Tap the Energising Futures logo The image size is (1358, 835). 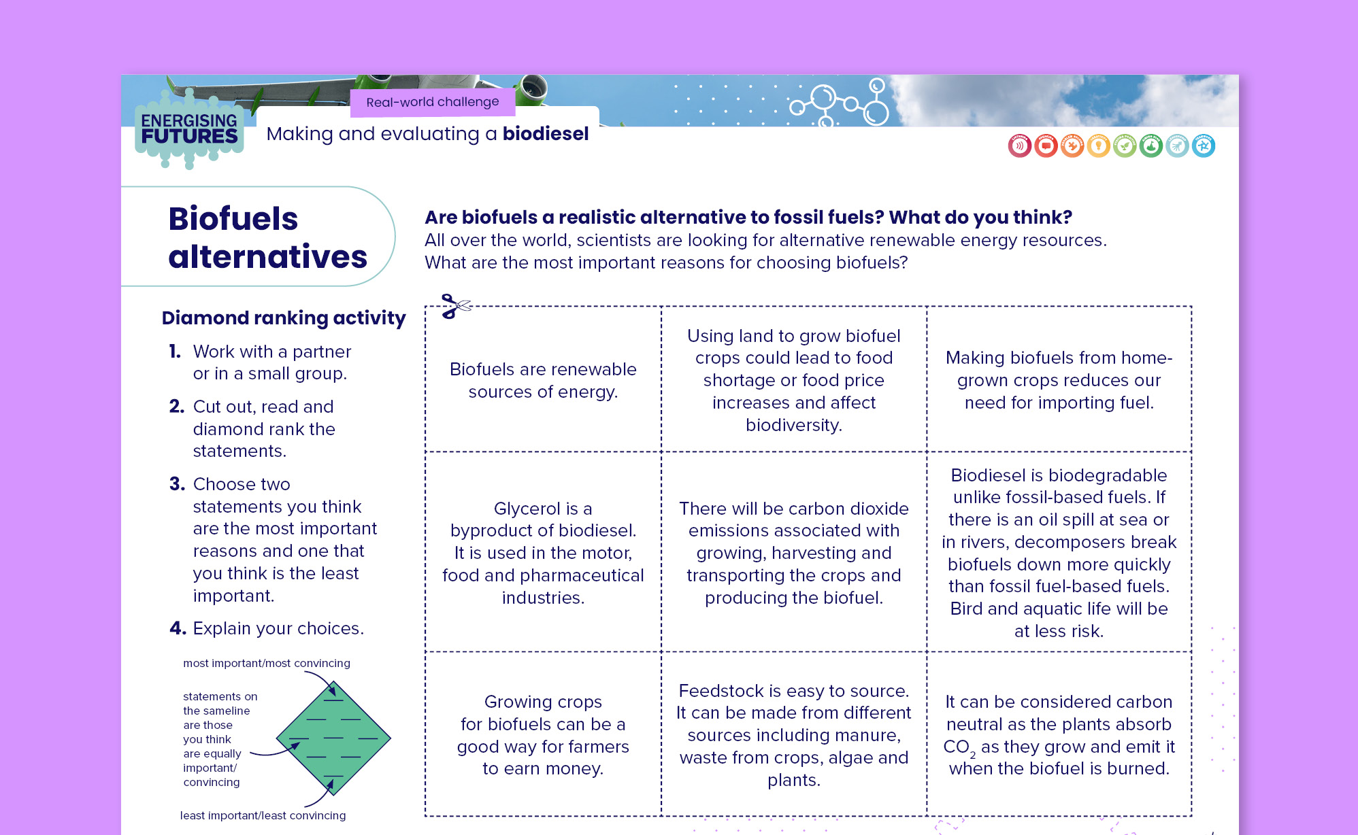tap(189, 129)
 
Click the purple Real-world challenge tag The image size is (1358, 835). tap(432, 102)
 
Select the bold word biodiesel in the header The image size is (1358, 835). tap(545, 134)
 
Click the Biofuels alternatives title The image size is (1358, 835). tap(267, 237)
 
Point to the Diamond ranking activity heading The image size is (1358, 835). tap(283, 318)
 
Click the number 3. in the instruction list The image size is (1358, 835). tap(176, 484)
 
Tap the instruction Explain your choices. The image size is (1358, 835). tap(278, 628)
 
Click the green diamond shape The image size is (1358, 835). tap(333, 738)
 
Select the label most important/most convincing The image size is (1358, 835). tap(266, 663)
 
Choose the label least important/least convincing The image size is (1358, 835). tap(263, 815)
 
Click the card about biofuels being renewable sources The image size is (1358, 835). tap(543, 380)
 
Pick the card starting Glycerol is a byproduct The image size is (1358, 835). tap(543, 552)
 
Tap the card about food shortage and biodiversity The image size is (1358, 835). tap(793, 380)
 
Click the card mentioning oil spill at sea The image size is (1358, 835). tap(1058, 552)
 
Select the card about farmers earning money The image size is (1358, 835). tap(543, 734)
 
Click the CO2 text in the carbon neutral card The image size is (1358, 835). tap(958, 747)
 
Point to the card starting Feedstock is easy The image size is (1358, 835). tap(793, 734)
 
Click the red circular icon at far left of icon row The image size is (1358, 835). tap(1019, 146)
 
